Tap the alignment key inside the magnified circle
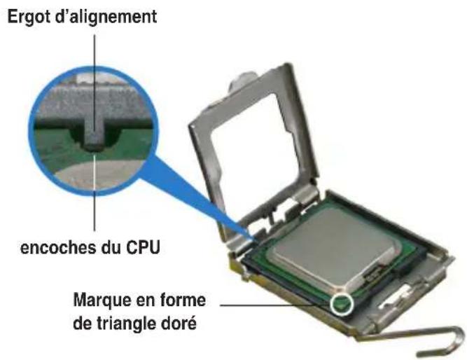point(93,134)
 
